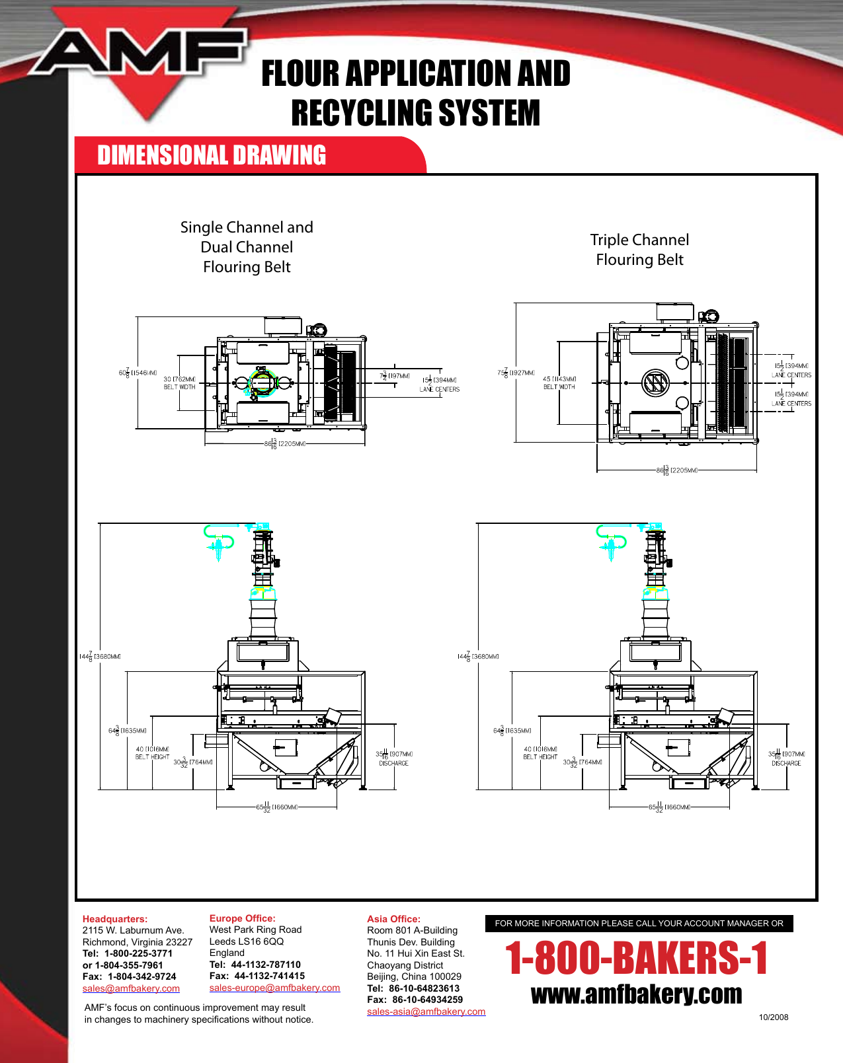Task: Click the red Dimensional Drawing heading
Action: click(212, 156)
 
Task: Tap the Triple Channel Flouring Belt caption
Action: click(639, 250)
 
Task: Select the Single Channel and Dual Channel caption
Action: click(247, 246)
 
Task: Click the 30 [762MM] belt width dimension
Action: click(179, 383)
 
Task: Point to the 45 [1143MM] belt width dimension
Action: click(559, 383)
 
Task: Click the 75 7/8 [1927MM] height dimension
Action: click(516, 373)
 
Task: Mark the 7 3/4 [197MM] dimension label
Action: click(395, 376)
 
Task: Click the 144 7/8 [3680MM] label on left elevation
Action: click(100, 656)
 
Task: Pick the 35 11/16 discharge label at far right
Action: click(786, 758)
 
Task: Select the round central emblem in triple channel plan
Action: click(655, 383)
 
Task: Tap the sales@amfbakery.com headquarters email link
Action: click(131, 988)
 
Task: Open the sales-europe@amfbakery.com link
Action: click(274, 988)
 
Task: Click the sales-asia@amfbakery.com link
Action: click(426, 1011)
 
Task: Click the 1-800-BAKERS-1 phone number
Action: click(636, 959)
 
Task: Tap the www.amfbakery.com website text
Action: click(636, 994)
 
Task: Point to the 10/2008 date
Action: click(773, 1017)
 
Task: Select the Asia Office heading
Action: click(393, 919)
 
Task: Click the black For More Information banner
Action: click(639, 924)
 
